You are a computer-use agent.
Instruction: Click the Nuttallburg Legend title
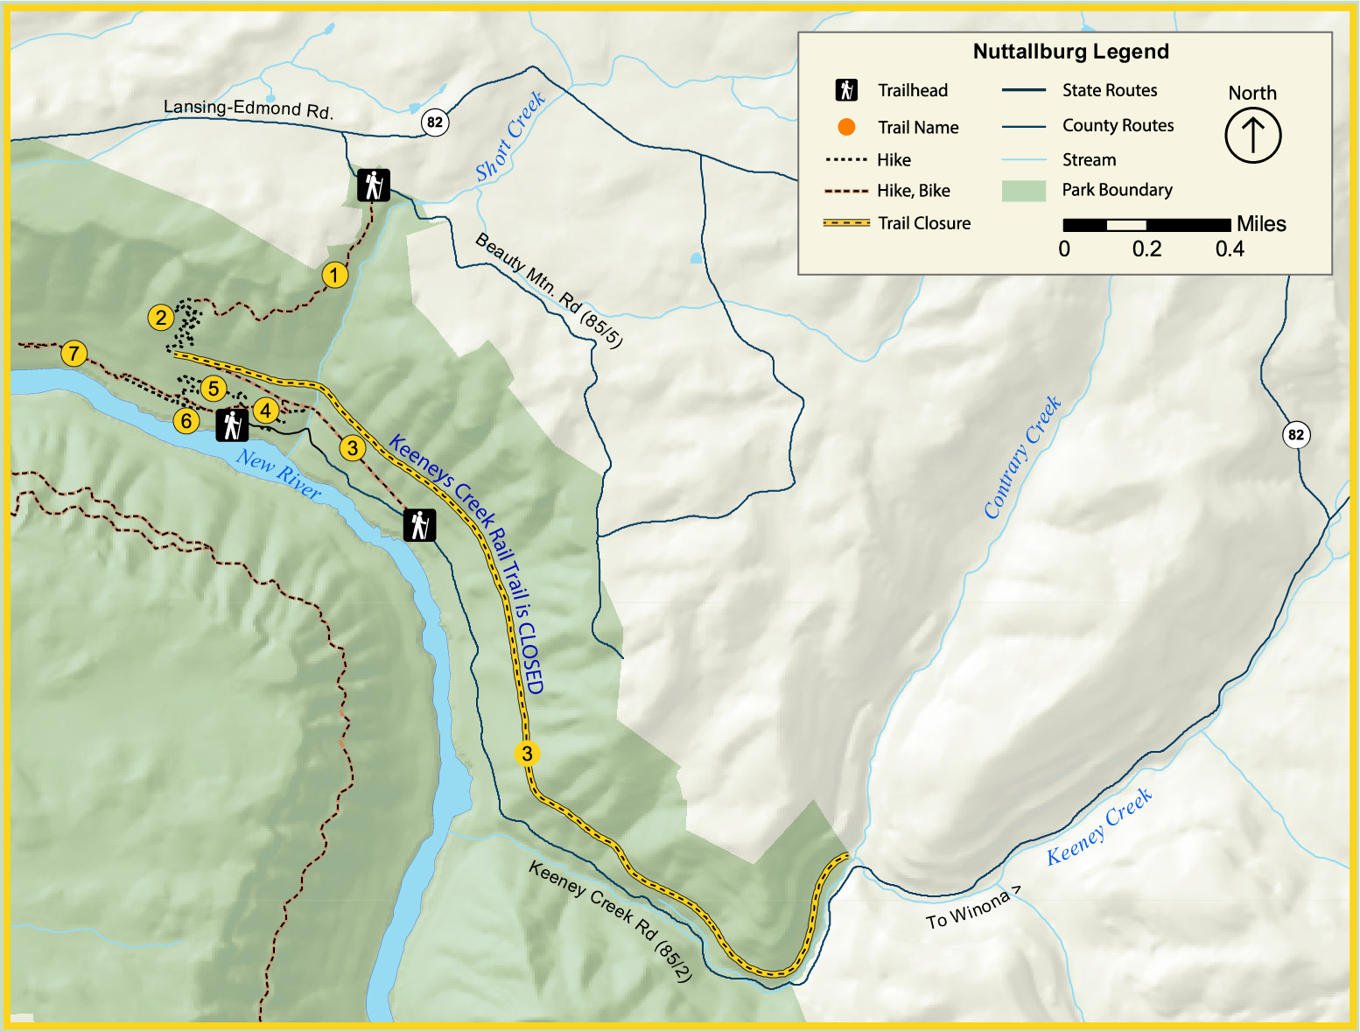(1070, 52)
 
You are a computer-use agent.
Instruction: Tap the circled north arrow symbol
(1252, 136)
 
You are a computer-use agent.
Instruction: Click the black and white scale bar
(1146, 225)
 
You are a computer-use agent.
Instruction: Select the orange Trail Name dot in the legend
(845, 127)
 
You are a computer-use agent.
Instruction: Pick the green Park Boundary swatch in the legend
(1023, 191)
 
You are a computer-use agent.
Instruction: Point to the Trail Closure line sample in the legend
(846, 223)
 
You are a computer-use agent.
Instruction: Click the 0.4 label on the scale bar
(1229, 249)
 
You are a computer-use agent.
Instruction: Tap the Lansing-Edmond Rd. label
(248, 109)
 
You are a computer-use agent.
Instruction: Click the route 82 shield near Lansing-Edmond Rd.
(435, 122)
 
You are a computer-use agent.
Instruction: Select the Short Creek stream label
(510, 137)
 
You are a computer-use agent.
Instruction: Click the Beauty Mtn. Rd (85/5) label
(549, 290)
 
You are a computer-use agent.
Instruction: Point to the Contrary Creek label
(1021, 457)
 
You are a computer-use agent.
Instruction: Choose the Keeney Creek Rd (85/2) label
(610, 921)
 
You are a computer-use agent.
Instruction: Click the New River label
(278, 474)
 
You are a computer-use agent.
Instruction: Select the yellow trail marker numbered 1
(334, 275)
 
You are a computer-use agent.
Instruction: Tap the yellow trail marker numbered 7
(74, 353)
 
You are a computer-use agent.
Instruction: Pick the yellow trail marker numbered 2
(160, 317)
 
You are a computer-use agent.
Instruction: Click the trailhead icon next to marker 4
(232, 425)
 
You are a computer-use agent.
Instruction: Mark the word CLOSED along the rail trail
(529, 657)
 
